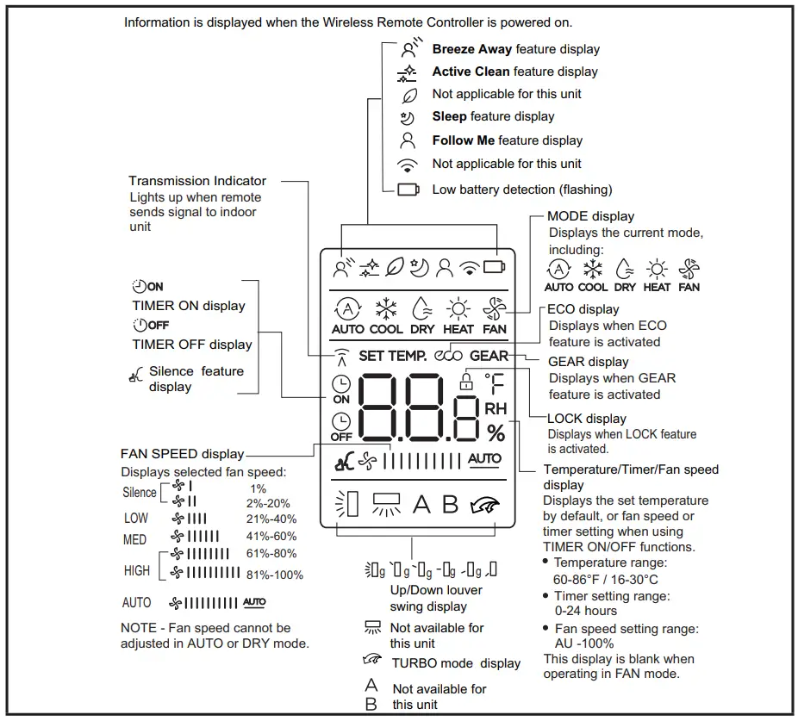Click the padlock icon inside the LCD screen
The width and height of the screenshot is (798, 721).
coord(467,380)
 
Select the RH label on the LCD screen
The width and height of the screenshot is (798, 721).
coord(496,408)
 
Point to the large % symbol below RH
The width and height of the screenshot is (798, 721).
coord(496,432)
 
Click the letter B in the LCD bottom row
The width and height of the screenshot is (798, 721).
coord(450,504)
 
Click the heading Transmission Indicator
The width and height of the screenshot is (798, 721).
coord(197,181)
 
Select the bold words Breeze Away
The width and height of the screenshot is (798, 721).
coord(471,49)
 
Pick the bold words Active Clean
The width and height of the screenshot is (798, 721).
coord(471,71)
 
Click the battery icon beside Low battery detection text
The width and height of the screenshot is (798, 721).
coord(408,190)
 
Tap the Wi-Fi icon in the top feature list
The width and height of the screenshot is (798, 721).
coord(408,165)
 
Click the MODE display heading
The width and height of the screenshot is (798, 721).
coord(590,216)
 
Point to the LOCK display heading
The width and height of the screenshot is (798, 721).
coord(587,419)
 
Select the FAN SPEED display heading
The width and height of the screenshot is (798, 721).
coord(182,453)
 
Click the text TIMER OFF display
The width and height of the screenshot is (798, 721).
coord(192,345)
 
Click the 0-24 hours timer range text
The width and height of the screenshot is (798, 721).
coord(585,611)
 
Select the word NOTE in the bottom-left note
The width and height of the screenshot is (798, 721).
coord(138,628)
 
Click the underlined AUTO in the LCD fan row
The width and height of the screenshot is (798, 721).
coord(484,459)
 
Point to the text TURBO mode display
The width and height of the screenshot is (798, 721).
coord(456,663)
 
